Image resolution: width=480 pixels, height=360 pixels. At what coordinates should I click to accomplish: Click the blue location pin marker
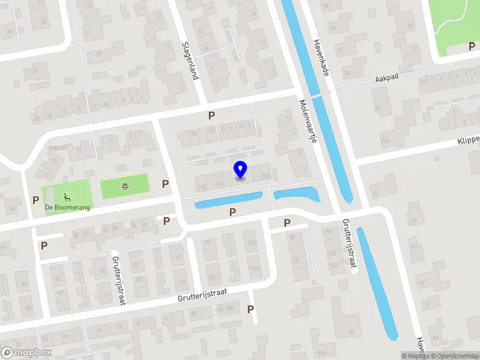(240, 170)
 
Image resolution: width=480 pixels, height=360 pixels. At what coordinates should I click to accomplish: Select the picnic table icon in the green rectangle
(124, 187)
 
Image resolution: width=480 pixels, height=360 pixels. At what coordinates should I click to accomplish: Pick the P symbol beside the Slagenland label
(211, 115)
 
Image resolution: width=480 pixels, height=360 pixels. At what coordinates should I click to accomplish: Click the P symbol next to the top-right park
(472, 46)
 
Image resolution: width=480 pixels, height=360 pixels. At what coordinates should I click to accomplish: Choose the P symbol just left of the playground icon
(36, 200)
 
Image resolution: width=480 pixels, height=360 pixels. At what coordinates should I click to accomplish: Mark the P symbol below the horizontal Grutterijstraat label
(251, 309)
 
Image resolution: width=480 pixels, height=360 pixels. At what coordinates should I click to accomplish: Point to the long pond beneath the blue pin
(229, 200)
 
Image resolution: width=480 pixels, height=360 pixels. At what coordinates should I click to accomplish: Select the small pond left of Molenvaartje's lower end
(296, 194)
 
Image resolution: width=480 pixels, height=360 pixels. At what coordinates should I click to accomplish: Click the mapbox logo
(27, 353)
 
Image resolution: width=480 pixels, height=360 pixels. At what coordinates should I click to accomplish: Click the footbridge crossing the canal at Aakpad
(317, 94)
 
